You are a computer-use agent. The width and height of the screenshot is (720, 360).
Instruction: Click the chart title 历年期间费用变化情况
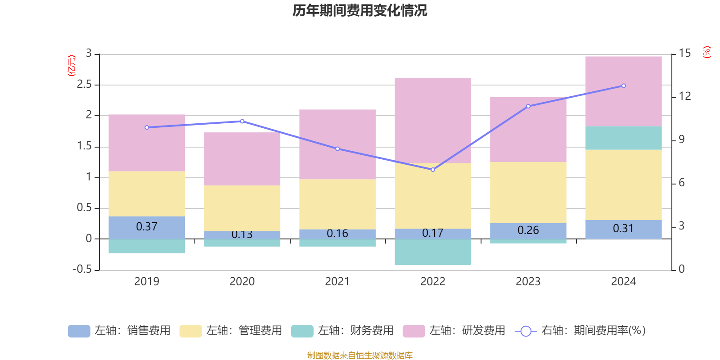point(360,10)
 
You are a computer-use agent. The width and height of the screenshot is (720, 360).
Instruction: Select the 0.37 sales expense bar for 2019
point(147,227)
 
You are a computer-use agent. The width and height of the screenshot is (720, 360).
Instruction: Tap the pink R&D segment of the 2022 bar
point(432,120)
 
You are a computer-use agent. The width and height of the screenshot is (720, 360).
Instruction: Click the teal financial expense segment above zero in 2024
point(623,138)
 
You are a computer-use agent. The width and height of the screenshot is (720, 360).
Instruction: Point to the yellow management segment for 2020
point(242,208)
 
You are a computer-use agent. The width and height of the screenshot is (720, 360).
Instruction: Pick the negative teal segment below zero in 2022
point(432,252)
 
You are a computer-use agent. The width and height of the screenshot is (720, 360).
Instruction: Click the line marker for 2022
point(433,170)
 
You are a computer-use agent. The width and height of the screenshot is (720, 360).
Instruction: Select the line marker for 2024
point(623,85)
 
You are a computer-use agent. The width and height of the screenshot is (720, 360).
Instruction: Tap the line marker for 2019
point(147,127)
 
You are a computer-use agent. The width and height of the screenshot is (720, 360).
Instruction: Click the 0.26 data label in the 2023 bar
point(528,230)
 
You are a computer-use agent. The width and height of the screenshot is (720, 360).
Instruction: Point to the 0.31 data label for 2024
point(623,229)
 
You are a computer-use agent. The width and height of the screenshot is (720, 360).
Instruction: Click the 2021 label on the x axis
point(337,282)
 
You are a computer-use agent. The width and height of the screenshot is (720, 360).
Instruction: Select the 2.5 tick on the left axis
point(84,85)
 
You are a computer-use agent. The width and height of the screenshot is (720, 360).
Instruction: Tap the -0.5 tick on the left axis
point(82,269)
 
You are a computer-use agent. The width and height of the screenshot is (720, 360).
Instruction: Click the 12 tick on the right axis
point(685,96)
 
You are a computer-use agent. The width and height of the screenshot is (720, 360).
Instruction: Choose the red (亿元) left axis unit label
point(72,66)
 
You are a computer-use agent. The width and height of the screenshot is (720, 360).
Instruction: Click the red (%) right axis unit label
point(706,52)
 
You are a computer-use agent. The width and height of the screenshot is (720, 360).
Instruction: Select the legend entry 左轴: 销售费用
point(119,331)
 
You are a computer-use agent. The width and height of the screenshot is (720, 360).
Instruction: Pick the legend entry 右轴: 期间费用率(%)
point(580,331)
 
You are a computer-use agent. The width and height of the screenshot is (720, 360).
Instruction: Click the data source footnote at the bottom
point(360,355)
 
